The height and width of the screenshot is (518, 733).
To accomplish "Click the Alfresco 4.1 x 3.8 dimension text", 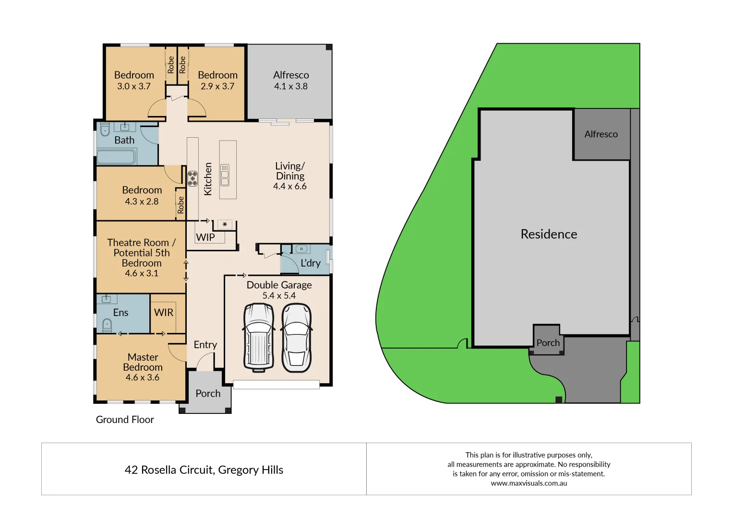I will click(x=290, y=86).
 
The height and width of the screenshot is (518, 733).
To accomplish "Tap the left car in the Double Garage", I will click(x=259, y=338).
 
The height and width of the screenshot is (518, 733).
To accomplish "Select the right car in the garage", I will click(x=296, y=338).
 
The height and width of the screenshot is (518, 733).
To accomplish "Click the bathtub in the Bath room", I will click(x=116, y=157).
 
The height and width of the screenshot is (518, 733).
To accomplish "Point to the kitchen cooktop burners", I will click(x=192, y=178).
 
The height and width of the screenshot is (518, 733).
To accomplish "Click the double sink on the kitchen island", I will click(x=225, y=175).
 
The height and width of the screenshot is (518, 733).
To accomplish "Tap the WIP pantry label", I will click(x=205, y=237).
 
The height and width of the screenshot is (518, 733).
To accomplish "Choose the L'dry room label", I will click(x=310, y=263).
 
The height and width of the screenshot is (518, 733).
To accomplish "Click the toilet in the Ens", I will click(x=107, y=326).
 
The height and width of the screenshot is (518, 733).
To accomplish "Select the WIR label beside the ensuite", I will click(x=163, y=312).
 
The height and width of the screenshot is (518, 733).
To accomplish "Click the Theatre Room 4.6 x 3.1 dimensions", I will click(x=142, y=273).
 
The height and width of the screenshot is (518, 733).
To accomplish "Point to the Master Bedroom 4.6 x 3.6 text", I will click(x=143, y=377).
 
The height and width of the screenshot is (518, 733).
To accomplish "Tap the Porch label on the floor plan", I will click(x=208, y=393).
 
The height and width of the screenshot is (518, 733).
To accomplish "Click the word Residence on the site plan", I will click(x=549, y=234).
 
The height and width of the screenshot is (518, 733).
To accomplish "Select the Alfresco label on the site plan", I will click(x=601, y=134).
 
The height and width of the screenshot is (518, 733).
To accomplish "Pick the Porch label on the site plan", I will click(x=548, y=343).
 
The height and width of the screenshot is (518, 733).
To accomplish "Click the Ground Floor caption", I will click(x=125, y=420).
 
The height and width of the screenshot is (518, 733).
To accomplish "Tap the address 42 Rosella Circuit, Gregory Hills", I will click(x=204, y=470).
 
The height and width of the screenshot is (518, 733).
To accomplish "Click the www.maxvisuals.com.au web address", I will click(x=529, y=483).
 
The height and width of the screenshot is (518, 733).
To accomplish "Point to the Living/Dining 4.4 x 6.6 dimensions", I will click(x=289, y=187).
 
